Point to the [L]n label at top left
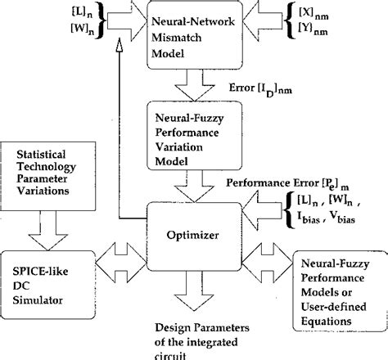tap(38, 14)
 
